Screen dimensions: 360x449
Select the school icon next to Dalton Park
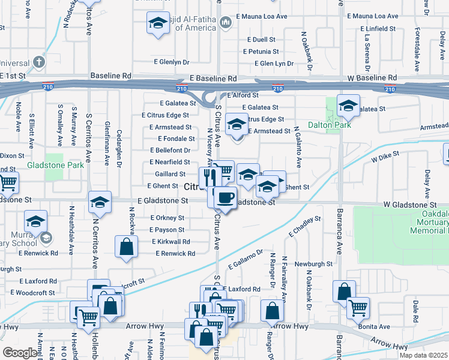pos(348,107)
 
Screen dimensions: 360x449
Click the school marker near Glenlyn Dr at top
pos(158,24)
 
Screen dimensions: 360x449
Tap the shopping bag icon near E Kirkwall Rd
pos(127,247)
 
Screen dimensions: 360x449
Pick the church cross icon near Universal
pos(39,62)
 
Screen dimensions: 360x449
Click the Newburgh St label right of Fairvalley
pos(313,264)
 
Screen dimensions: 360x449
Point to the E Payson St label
pos(167,230)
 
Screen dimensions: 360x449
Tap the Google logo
pos(20,353)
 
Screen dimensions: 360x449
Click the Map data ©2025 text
pos(423,355)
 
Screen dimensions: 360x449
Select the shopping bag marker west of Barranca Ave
pos(344,292)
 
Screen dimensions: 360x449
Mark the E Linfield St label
pos(378,28)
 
